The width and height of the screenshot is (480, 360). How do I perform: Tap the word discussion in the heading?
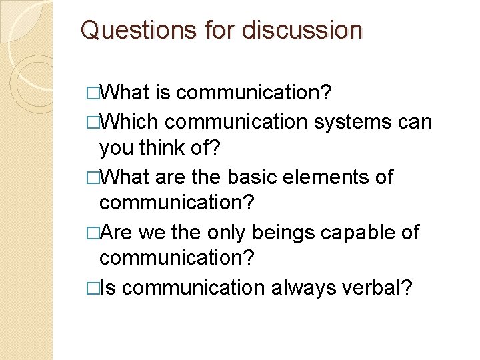(302, 30)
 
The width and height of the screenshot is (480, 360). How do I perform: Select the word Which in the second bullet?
(129, 122)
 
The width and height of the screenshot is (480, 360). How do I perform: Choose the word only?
(225, 233)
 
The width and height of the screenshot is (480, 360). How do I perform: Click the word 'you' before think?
(116, 149)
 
